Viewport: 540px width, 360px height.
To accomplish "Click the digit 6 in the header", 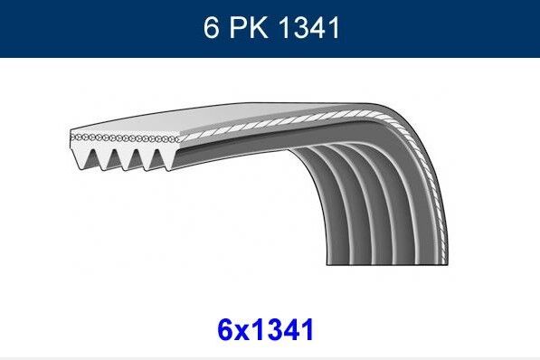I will [211, 28].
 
